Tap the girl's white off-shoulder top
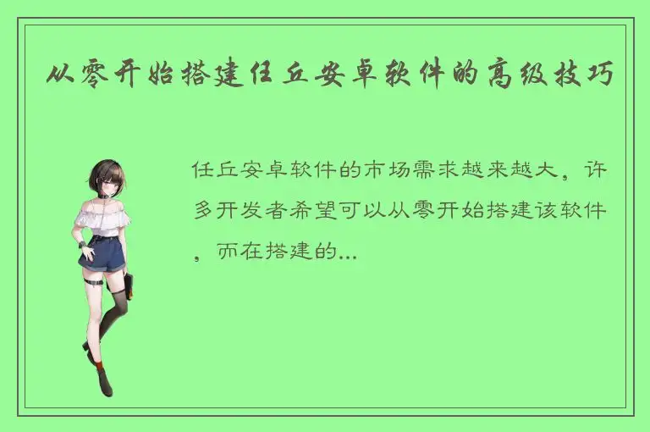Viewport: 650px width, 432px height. coord(102,219)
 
